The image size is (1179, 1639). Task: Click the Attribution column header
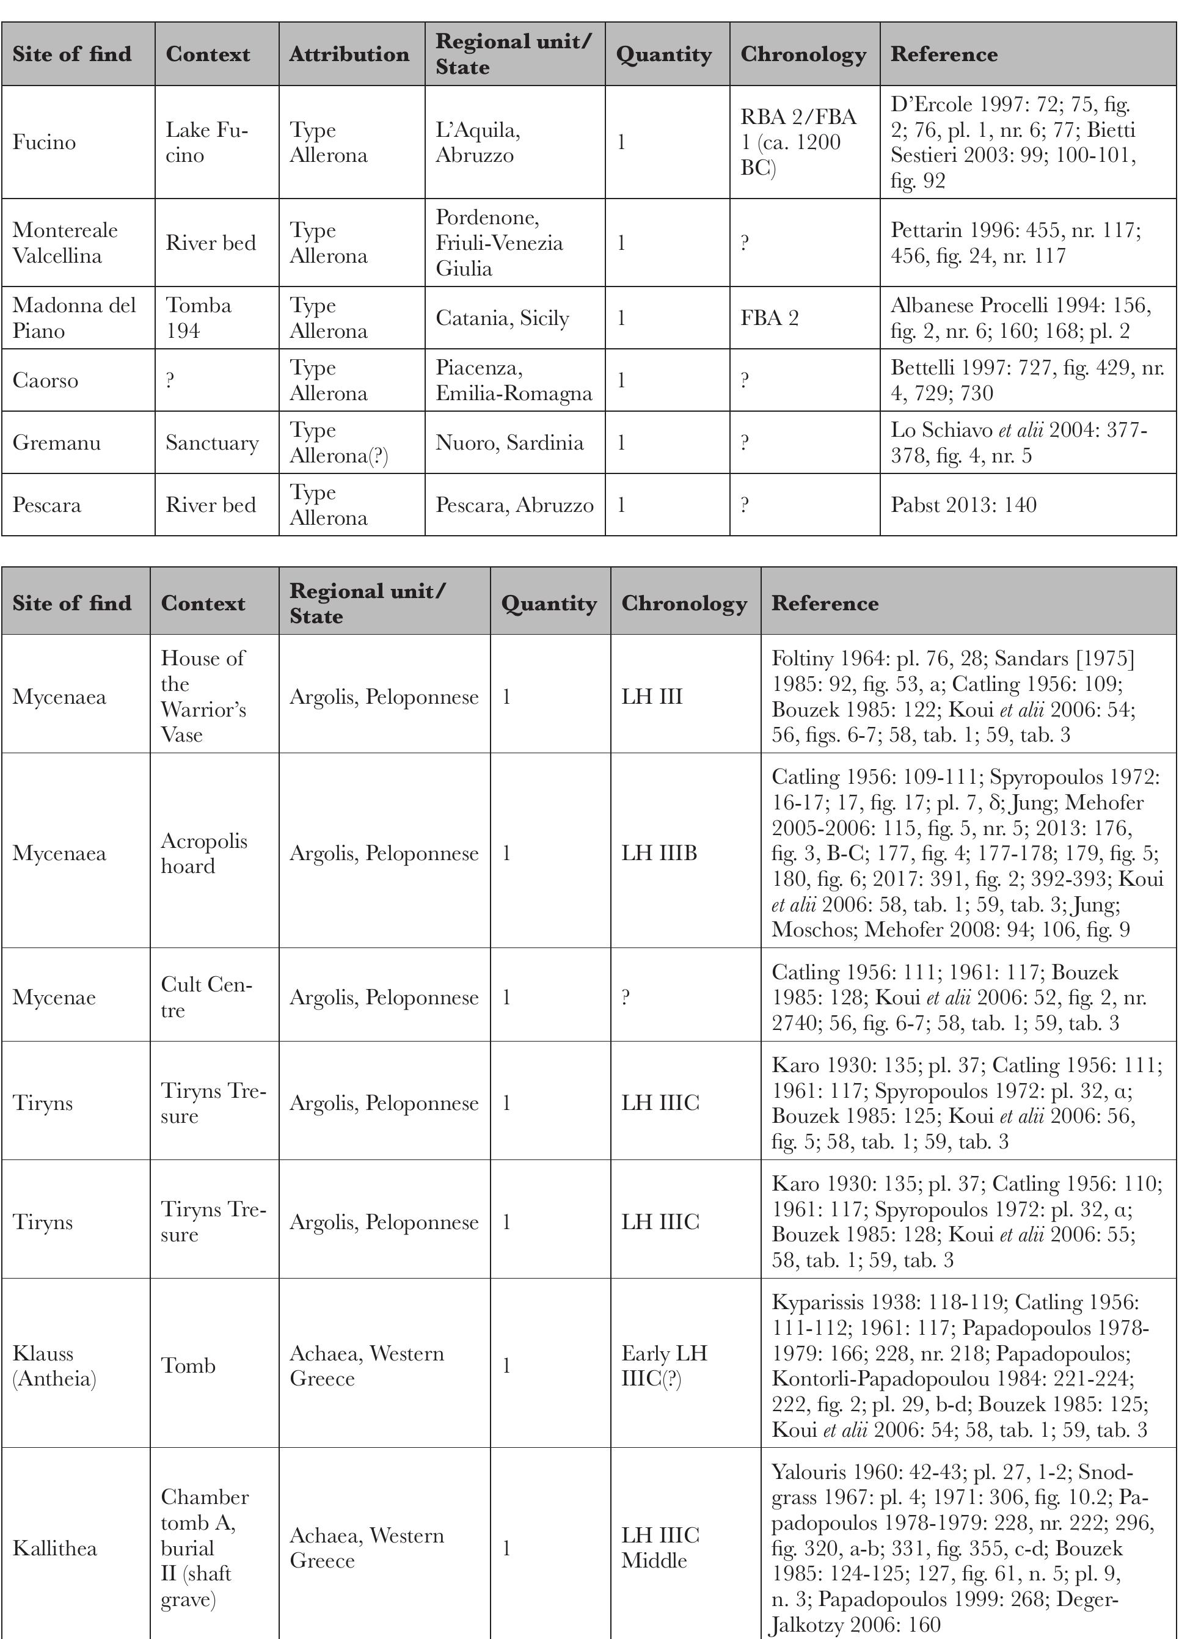tap(349, 54)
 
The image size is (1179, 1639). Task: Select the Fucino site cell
tap(44, 142)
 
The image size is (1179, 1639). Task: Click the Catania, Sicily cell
tap(502, 318)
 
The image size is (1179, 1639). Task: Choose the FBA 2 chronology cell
tap(769, 318)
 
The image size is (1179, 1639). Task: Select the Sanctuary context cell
tap(212, 443)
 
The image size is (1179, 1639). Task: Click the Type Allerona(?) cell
tap(338, 443)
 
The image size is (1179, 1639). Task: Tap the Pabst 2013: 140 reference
tap(963, 505)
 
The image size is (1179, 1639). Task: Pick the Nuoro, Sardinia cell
tap(509, 443)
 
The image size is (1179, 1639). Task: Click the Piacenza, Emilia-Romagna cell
tap(513, 380)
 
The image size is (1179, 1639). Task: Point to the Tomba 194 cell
tap(199, 318)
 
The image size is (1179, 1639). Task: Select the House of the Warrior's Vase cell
tap(203, 696)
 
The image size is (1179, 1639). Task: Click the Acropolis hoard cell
tap(204, 853)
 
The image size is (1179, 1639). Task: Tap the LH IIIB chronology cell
tap(659, 853)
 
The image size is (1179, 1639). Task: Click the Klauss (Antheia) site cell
tap(54, 1366)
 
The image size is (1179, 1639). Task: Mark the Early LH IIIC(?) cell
tap(664, 1366)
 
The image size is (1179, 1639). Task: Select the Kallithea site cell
tap(55, 1548)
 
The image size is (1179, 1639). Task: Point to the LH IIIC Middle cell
tap(660, 1548)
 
